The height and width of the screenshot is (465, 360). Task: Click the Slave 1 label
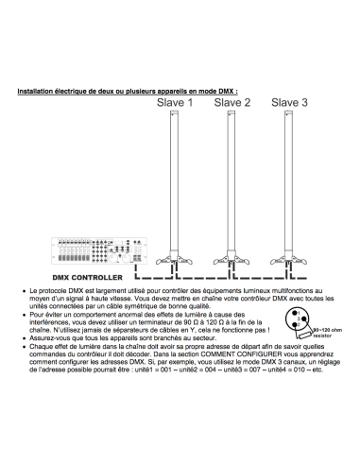(x=175, y=103)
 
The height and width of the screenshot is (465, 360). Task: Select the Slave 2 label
(x=232, y=103)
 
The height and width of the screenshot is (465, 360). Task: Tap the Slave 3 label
(x=289, y=103)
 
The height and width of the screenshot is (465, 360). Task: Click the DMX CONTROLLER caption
(x=87, y=278)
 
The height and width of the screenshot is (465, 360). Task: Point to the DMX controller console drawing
(x=99, y=250)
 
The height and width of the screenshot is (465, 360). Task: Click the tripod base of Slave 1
(x=174, y=259)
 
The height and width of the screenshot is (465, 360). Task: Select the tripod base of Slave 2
(x=231, y=259)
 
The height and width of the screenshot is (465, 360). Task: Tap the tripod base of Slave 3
(x=288, y=259)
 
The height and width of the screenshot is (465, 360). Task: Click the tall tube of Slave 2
(x=231, y=181)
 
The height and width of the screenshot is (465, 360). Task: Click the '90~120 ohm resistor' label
(x=327, y=333)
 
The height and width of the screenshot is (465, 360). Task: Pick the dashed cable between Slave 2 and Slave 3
(x=261, y=278)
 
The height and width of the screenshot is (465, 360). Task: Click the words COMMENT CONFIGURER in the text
(x=241, y=354)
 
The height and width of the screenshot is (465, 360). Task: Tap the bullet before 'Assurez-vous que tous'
(x=24, y=338)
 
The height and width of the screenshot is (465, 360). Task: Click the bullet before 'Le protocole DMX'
(x=24, y=291)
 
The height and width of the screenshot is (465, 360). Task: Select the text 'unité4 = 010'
(x=286, y=370)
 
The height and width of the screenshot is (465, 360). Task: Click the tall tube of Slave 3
(x=288, y=181)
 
